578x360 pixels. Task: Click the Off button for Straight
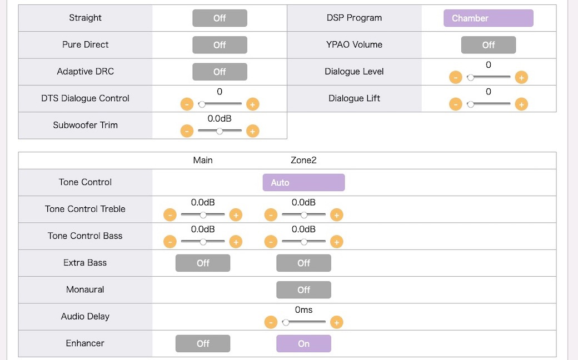click(220, 18)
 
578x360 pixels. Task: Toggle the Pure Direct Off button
click(220, 45)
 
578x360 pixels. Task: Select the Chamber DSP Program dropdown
click(489, 18)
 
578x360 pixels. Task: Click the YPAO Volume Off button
click(489, 45)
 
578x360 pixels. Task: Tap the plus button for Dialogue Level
click(521, 77)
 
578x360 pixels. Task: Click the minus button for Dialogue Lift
click(456, 104)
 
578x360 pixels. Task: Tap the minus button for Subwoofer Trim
click(187, 131)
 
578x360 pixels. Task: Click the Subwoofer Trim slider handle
click(220, 131)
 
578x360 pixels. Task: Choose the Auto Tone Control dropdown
click(304, 182)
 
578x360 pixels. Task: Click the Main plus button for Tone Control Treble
click(236, 215)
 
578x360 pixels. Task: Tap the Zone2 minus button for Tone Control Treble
click(271, 215)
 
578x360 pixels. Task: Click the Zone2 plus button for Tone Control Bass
click(337, 242)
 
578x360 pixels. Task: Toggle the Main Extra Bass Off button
click(203, 263)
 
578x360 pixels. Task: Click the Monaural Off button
click(304, 290)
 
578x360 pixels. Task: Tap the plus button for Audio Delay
click(337, 322)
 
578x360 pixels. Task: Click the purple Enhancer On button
click(304, 344)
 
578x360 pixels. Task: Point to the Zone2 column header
click(304, 161)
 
